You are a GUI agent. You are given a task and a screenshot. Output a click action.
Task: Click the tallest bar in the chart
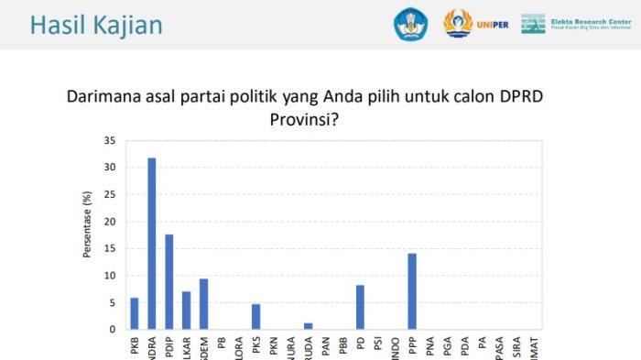point(151,244)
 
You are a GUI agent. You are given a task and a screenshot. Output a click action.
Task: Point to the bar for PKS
point(255,316)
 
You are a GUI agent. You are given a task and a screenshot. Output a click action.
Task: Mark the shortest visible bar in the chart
point(308,325)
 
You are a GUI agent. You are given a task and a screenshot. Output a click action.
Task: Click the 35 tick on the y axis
point(109,141)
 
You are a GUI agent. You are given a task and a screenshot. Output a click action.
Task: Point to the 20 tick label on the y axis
point(109,222)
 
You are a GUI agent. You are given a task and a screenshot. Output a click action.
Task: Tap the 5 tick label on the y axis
point(112,302)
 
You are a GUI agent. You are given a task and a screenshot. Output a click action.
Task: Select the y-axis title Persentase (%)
point(88,235)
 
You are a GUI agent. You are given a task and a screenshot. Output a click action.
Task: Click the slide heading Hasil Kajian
point(96,25)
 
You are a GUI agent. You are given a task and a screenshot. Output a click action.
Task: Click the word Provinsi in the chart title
point(303,119)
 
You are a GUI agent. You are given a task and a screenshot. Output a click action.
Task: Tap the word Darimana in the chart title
point(105,97)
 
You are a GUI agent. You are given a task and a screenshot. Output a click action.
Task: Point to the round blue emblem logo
point(411,24)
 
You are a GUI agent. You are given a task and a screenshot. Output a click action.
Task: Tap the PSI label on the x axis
point(377,347)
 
